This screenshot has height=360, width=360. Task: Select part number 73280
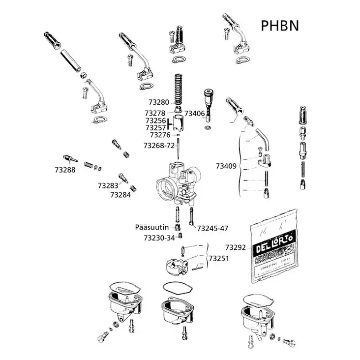pyautogui.click(x=157, y=102)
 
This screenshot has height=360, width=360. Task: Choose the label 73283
pyautogui.click(x=108, y=185)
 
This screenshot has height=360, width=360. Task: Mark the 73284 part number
pyautogui.click(x=120, y=195)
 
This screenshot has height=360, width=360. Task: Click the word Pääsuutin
pyautogui.click(x=152, y=227)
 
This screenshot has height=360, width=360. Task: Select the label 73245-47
pyautogui.click(x=212, y=228)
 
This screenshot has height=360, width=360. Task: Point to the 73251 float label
pyautogui.click(x=219, y=258)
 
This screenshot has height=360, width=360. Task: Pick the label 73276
pyautogui.click(x=160, y=135)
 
